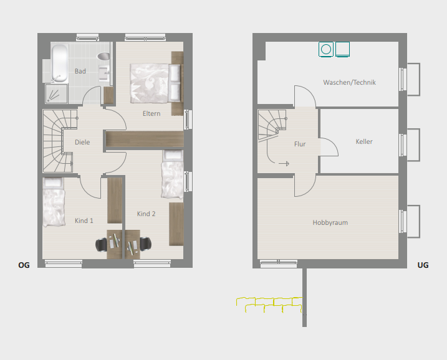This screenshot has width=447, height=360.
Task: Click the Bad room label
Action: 80,71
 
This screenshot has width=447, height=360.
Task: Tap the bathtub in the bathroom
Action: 60,63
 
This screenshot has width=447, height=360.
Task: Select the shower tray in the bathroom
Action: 57,93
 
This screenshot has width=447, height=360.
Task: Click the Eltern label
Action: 151,113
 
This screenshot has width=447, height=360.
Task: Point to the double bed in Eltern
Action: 156,83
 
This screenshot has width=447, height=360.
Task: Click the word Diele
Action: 82,142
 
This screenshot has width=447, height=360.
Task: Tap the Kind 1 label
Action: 84,220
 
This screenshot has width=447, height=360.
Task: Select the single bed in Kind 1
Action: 54,202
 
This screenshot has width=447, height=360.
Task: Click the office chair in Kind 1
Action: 101,245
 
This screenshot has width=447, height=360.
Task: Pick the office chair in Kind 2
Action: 145,244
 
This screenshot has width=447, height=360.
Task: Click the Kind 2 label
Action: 147,214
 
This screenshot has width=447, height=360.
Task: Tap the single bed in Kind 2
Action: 173,174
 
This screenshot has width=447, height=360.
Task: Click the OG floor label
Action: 24,265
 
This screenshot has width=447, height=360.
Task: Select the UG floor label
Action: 423,265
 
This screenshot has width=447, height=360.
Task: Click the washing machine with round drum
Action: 326,49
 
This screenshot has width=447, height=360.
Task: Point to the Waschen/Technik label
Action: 350,83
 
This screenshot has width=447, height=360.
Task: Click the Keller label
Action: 364,141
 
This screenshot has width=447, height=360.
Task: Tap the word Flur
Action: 300,144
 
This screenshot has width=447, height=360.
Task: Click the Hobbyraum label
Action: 330,223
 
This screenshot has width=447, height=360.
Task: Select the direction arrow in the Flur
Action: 284,163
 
